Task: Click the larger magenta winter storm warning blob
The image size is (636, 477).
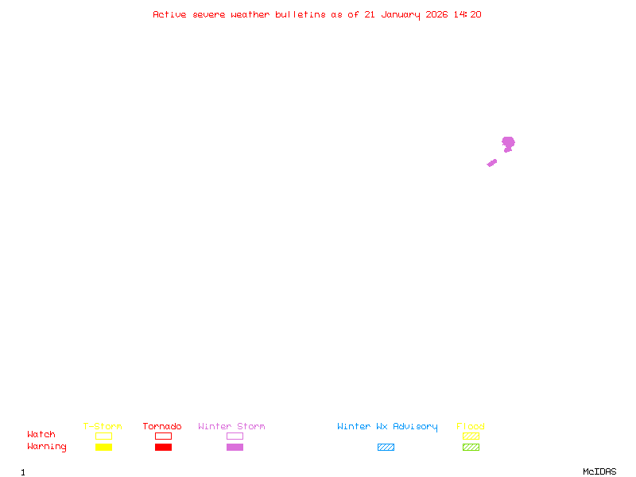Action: point(508,144)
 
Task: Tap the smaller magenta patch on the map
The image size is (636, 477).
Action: point(492,163)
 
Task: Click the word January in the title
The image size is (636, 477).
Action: point(401,15)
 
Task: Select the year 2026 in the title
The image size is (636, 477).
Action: point(436,14)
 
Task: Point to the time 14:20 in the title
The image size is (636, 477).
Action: point(467,14)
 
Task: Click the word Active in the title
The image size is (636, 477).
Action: point(169,14)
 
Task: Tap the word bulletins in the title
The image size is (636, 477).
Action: point(301,14)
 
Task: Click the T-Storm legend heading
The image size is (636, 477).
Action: point(103,426)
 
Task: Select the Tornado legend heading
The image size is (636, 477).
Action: point(162,426)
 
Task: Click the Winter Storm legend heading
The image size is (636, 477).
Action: point(231,426)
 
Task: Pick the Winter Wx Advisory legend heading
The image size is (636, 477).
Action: point(387,427)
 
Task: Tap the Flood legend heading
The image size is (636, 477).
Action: point(471,426)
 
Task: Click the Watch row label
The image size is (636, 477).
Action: point(41,434)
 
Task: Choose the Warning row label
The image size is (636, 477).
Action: point(47,447)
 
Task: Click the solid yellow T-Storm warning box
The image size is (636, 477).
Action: point(104,447)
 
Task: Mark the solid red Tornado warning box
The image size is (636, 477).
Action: point(164,447)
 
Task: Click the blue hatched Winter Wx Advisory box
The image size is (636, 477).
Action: point(386,447)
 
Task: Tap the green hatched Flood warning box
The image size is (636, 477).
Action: point(471,447)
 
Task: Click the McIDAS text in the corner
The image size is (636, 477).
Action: point(599,471)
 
